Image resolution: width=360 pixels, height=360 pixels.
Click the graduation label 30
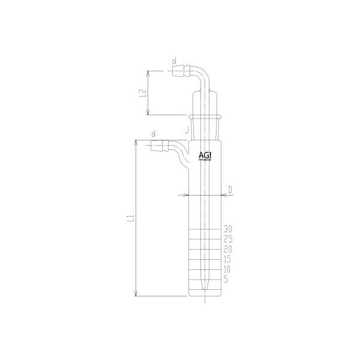point(227,229)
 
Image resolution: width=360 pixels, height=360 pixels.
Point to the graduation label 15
point(227,259)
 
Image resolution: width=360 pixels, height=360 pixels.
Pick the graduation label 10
point(227,269)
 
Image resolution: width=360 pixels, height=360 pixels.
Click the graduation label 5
point(226,280)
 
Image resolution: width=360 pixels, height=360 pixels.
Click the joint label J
point(187,128)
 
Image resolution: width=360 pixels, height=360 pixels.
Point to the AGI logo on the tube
point(205,155)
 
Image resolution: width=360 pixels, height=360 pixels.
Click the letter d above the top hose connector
point(174,61)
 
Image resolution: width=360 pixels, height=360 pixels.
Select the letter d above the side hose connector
point(155,133)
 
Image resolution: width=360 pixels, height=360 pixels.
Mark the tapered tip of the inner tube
point(205,287)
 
